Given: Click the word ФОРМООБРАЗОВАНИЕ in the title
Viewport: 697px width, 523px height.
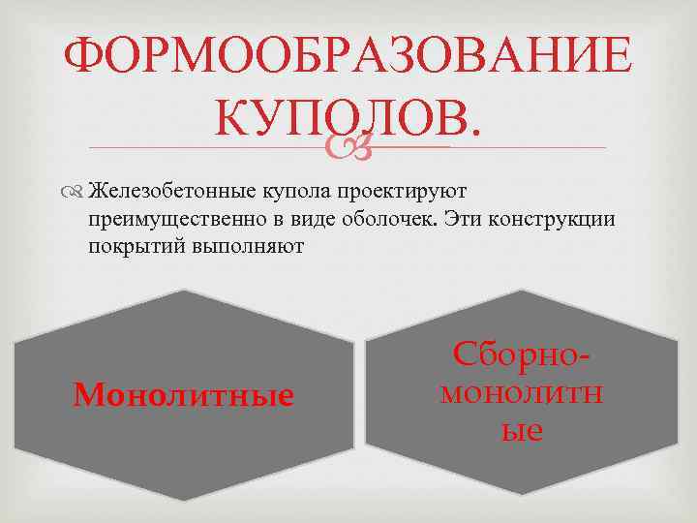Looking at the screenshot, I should tap(348, 58).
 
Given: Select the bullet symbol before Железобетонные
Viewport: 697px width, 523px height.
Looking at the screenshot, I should tap(76, 191).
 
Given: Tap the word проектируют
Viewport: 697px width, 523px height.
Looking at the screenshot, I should tap(394, 190).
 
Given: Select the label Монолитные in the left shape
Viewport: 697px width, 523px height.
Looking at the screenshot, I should tap(184, 394).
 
